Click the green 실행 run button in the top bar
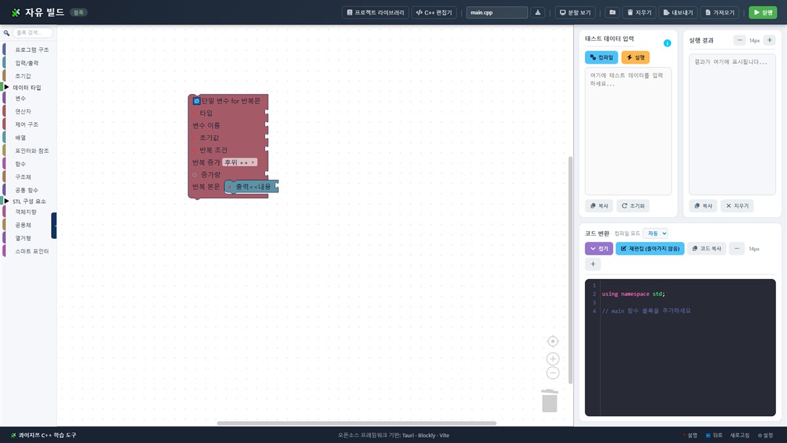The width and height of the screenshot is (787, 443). pos(763,12)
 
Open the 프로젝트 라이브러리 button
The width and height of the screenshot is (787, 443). pos(375,12)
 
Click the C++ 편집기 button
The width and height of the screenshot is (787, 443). pos(434,12)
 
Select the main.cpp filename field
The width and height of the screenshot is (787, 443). pos(497,12)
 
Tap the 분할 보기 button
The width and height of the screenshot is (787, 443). pos(575,12)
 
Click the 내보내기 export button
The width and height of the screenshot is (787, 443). pos(678,12)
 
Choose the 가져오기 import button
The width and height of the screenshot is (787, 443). pos(719,12)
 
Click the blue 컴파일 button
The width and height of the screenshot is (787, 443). pos(601,57)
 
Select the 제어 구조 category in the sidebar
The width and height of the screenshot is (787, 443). pos(26,125)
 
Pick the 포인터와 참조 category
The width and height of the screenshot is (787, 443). pos(31,151)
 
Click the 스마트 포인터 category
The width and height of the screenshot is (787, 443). pos(31,251)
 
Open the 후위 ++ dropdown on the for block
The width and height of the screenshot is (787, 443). pos(239,162)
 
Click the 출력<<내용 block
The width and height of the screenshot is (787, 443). pos(252,186)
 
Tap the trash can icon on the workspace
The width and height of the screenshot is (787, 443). pos(550,400)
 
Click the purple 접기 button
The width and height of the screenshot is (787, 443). pos(599,249)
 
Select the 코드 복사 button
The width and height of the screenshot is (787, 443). pos(706,249)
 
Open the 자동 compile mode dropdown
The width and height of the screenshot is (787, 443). pos(656,233)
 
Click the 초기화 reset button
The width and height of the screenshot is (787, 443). pos(633,205)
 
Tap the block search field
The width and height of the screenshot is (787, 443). pos(32,33)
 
